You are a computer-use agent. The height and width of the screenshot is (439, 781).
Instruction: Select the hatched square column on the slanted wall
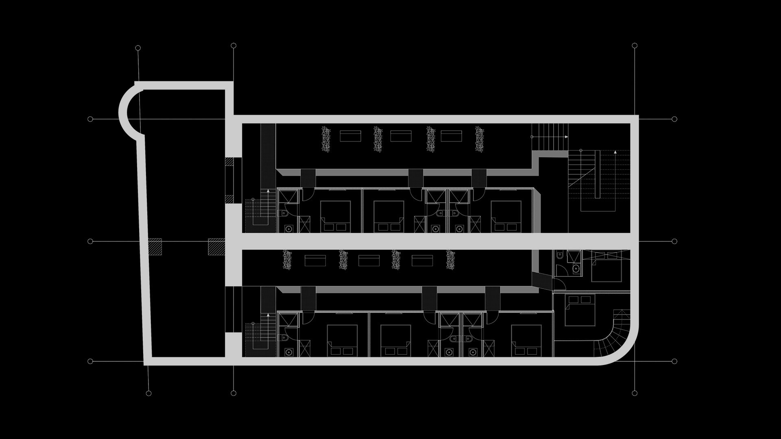[x=155, y=247]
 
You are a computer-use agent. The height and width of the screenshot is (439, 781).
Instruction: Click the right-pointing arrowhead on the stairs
[x=566, y=137]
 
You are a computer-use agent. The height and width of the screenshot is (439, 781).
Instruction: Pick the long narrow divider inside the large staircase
[x=597, y=174]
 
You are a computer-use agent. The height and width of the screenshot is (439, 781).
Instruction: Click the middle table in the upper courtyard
[x=401, y=136]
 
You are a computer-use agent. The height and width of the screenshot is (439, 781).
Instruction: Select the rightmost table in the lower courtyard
[x=422, y=260]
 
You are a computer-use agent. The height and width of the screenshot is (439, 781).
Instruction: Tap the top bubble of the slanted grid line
[x=138, y=48]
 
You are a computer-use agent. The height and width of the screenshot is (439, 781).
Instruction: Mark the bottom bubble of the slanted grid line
[x=148, y=393]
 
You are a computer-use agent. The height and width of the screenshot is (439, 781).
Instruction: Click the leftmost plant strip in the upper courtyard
[x=326, y=139]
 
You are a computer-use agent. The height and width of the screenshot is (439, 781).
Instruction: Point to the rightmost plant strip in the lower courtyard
[x=450, y=260]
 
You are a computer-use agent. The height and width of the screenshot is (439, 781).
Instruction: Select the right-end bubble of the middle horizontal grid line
[x=674, y=241]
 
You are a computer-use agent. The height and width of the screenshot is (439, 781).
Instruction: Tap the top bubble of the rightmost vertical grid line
[x=635, y=46]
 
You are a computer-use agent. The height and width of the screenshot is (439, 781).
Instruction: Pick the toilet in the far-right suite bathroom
[x=560, y=255]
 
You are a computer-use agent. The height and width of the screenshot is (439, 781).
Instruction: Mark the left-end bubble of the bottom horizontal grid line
[x=90, y=361]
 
